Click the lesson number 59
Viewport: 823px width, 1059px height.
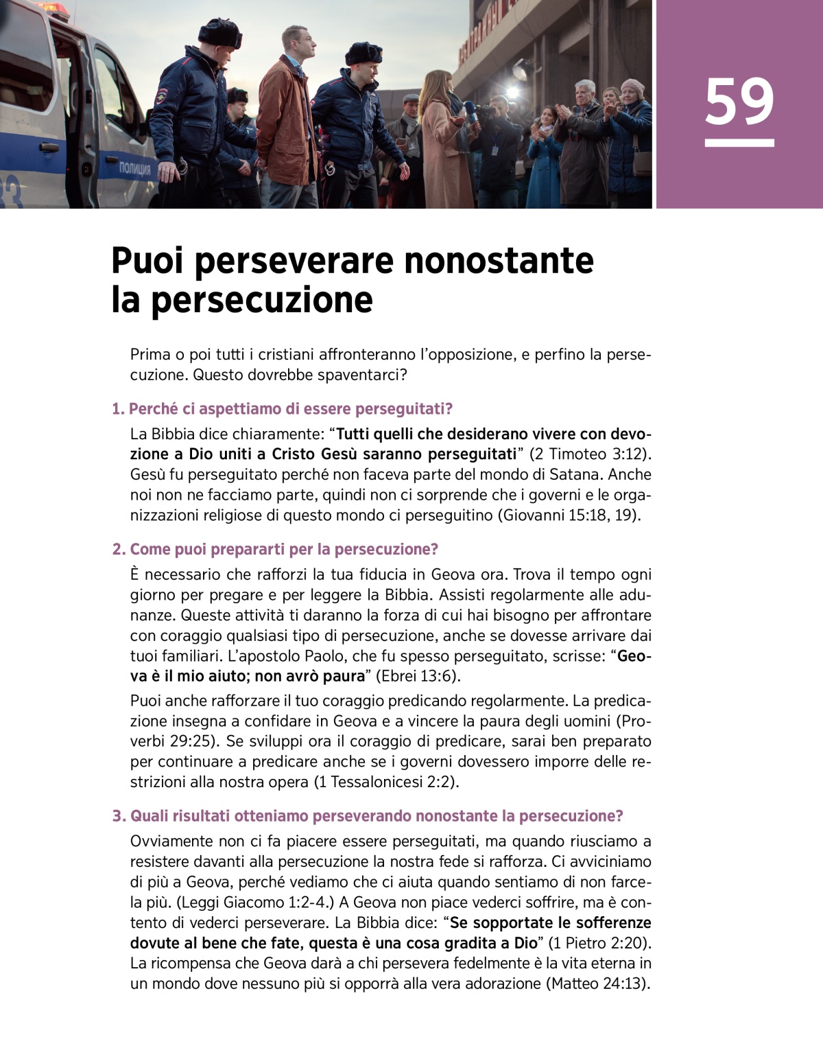coord(739,102)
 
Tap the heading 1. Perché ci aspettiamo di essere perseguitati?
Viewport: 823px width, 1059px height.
coord(282,409)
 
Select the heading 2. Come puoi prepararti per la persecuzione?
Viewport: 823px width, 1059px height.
coord(274,549)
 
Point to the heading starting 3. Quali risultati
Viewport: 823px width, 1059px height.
coord(368,816)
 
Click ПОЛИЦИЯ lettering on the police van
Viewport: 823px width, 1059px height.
coord(135,169)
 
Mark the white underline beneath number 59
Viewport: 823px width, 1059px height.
coord(739,143)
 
